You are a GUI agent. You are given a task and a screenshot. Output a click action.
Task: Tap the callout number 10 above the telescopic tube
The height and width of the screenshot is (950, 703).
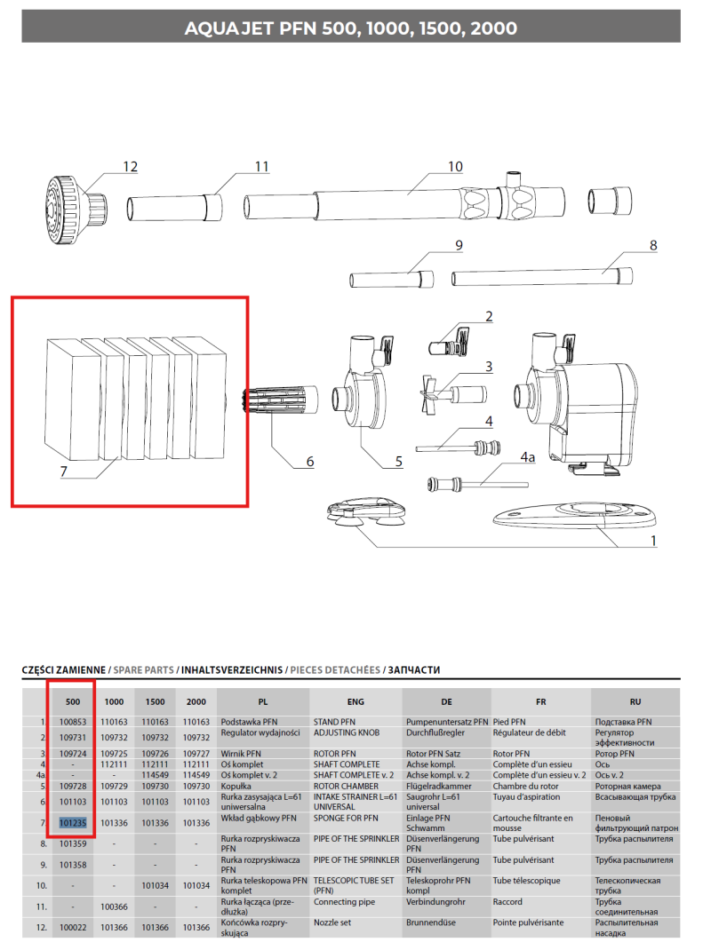click(454, 167)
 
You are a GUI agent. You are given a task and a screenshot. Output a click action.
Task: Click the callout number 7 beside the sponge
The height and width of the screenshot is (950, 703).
click(63, 473)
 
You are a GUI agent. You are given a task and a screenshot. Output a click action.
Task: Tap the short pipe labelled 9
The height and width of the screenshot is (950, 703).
click(390, 276)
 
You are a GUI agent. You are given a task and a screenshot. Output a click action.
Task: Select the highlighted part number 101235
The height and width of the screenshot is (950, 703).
click(73, 823)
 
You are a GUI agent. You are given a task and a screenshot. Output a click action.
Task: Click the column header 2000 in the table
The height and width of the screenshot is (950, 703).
click(196, 701)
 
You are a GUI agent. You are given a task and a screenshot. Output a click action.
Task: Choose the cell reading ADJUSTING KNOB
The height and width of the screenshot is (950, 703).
click(347, 733)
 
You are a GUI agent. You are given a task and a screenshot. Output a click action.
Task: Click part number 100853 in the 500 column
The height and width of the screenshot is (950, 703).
click(73, 722)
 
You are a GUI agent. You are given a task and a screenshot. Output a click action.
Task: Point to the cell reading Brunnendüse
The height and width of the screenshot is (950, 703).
click(435, 922)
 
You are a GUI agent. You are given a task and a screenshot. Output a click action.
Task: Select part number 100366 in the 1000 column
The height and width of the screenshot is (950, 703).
click(115, 906)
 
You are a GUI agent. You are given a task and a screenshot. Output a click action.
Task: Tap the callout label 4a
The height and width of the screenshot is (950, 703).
click(528, 456)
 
